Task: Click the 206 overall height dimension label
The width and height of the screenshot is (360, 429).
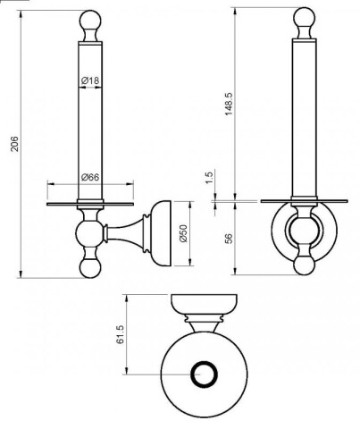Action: tap(14, 144)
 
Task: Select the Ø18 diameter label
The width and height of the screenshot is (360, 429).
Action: tap(90, 80)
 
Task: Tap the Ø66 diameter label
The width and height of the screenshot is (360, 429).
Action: tap(90, 177)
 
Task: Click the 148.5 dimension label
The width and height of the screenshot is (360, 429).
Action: tap(229, 104)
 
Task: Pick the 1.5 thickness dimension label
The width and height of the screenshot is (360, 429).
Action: tap(210, 177)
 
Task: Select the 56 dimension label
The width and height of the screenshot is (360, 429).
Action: tap(229, 239)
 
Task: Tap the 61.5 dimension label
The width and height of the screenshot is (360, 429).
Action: tap(120, 334)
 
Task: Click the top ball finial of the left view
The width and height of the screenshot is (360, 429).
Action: tap(90, 21)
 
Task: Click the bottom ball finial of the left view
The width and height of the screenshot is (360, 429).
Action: tap(90, 267)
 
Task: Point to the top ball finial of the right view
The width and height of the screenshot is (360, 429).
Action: tap(304, 18)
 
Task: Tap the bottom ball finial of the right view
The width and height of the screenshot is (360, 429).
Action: tap(304, 265)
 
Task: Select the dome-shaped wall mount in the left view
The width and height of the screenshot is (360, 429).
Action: tap(160, 233)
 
